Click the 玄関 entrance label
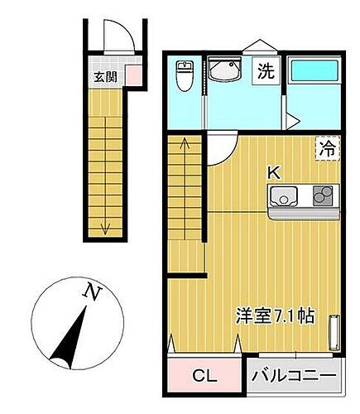[x=104, y=78]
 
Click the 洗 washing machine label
[x=265, y=71]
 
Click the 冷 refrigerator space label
[x=328, y=149]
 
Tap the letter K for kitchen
[x=273, y=172]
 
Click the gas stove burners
[x=322, y=196]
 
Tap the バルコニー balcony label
[x=294, y=376]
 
